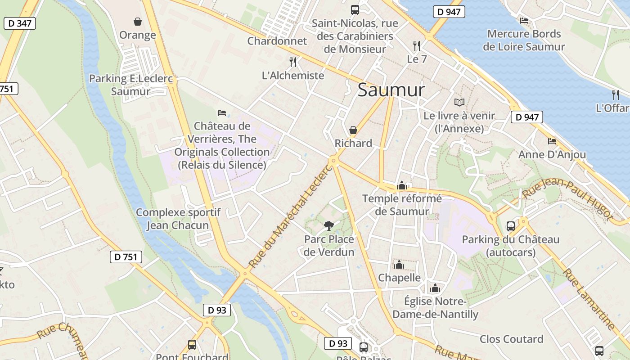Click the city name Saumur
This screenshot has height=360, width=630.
[391, 90]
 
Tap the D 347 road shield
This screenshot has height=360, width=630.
[19, 23]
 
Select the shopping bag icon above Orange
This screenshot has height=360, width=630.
[137, 22]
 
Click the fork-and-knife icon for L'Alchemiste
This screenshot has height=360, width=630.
[293, 62]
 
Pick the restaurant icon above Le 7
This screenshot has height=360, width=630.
[417, 45]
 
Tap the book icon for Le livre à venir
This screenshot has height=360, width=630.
[459, 103]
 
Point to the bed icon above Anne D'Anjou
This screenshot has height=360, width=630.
[552, 141]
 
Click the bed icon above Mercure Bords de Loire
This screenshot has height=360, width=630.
[524, 21]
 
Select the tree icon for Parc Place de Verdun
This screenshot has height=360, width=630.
[329, 225]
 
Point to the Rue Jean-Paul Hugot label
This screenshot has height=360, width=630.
[568, 198]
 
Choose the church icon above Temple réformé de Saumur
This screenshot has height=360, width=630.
[401, 185]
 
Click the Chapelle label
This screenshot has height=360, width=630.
[399, 278]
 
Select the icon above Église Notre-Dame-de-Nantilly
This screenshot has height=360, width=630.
[435, 288]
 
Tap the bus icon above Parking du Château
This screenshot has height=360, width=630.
[511, 226]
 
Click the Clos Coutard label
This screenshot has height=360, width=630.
[511, 339]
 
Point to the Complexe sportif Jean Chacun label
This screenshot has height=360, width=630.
[178, 219]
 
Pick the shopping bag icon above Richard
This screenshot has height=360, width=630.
[353, 130]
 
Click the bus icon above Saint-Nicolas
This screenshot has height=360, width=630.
[355, 9]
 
